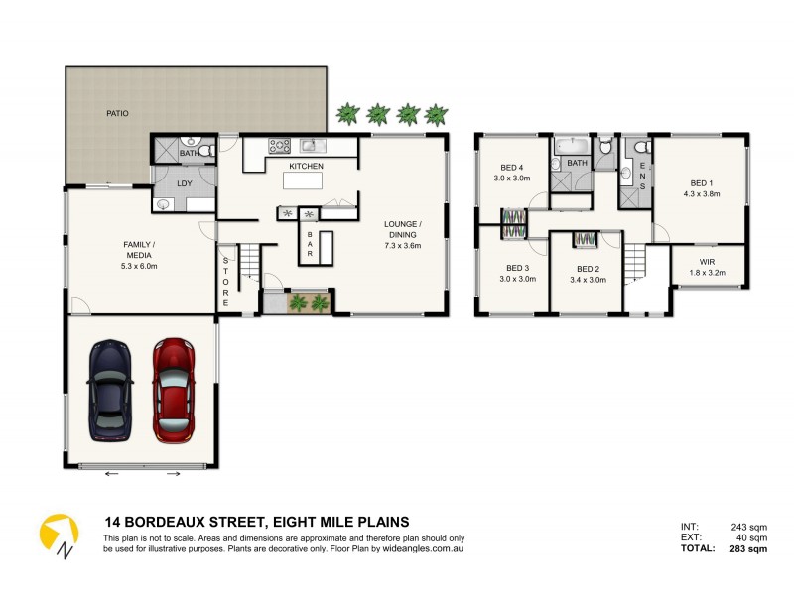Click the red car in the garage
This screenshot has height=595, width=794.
click(x=173, y=390)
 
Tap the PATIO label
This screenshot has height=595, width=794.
click(x=118, y=113)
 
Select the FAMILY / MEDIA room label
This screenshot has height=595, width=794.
click(x=139, y=254)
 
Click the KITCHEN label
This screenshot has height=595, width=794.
click(x=306, y=166)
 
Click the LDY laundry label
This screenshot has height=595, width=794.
click(x=184, y=183)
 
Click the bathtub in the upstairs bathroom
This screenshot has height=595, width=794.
click(x=574, y=145)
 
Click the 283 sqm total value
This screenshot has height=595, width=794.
click(x=749, y=548)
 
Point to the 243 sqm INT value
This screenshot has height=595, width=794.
click(x=750, y=527)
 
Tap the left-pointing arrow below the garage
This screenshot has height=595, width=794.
click(x=110, y=473)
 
